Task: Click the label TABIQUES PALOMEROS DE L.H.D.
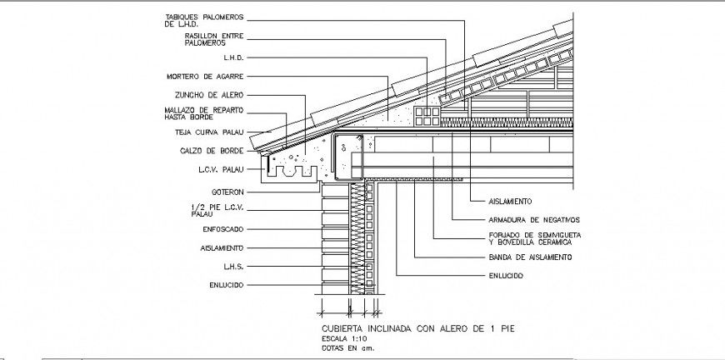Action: click(205, 21)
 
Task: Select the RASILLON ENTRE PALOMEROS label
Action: click(213, 39)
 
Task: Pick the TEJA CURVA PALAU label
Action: click(208, 132)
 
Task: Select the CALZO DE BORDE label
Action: click(212, 151)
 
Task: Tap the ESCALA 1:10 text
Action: click(343, 339)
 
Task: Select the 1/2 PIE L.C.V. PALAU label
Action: click(214, 210)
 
